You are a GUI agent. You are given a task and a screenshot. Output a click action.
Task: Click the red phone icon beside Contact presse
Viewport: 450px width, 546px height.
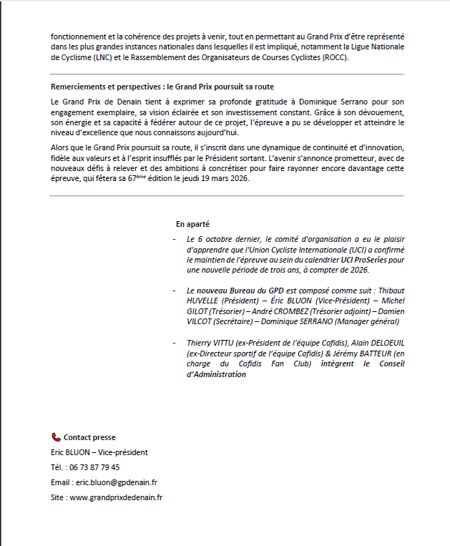tap(56, 437)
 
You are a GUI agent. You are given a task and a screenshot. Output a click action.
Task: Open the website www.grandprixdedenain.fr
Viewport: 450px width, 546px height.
tap(115, 497)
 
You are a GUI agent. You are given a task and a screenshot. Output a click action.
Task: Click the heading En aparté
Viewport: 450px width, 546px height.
tap(192, 224)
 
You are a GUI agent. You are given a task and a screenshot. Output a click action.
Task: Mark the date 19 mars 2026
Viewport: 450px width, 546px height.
tap(228, 178)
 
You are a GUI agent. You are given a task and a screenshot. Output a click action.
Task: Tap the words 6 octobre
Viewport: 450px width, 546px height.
tap(215, 238)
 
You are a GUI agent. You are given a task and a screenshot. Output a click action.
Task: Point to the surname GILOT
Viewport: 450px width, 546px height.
tap(200, 312)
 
